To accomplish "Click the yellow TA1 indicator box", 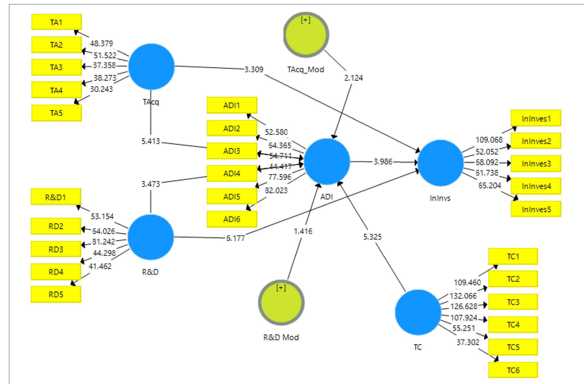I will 56,22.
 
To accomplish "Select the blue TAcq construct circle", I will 151,66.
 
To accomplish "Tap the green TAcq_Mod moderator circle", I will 306,35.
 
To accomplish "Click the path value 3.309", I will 254,69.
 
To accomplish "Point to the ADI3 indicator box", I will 232,151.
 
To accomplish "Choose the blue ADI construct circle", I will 327,162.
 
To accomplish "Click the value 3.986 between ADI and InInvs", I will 383,162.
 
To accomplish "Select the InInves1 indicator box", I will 536,118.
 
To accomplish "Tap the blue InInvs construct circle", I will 441,163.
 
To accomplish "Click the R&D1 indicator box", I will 56,197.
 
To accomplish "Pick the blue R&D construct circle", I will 151,237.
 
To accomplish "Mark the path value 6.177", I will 235,238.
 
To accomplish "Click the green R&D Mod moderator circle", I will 281,303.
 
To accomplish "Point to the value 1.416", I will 303,231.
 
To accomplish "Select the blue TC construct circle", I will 418,312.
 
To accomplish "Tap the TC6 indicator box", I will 513,370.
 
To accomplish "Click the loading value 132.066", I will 463,296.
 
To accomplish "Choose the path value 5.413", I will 151,142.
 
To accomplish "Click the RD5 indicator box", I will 56,294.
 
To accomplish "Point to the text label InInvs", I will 440,198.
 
